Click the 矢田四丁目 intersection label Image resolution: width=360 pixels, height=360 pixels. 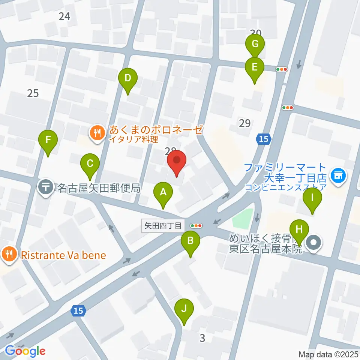(163, 226)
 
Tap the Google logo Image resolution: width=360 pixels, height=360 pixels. (25, 351)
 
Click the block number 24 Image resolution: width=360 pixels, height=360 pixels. (64, 16)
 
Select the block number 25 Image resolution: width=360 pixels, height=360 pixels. (33, 93)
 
